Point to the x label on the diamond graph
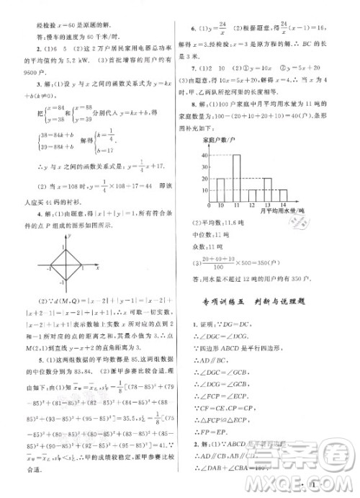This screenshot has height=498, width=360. (97, 267)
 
